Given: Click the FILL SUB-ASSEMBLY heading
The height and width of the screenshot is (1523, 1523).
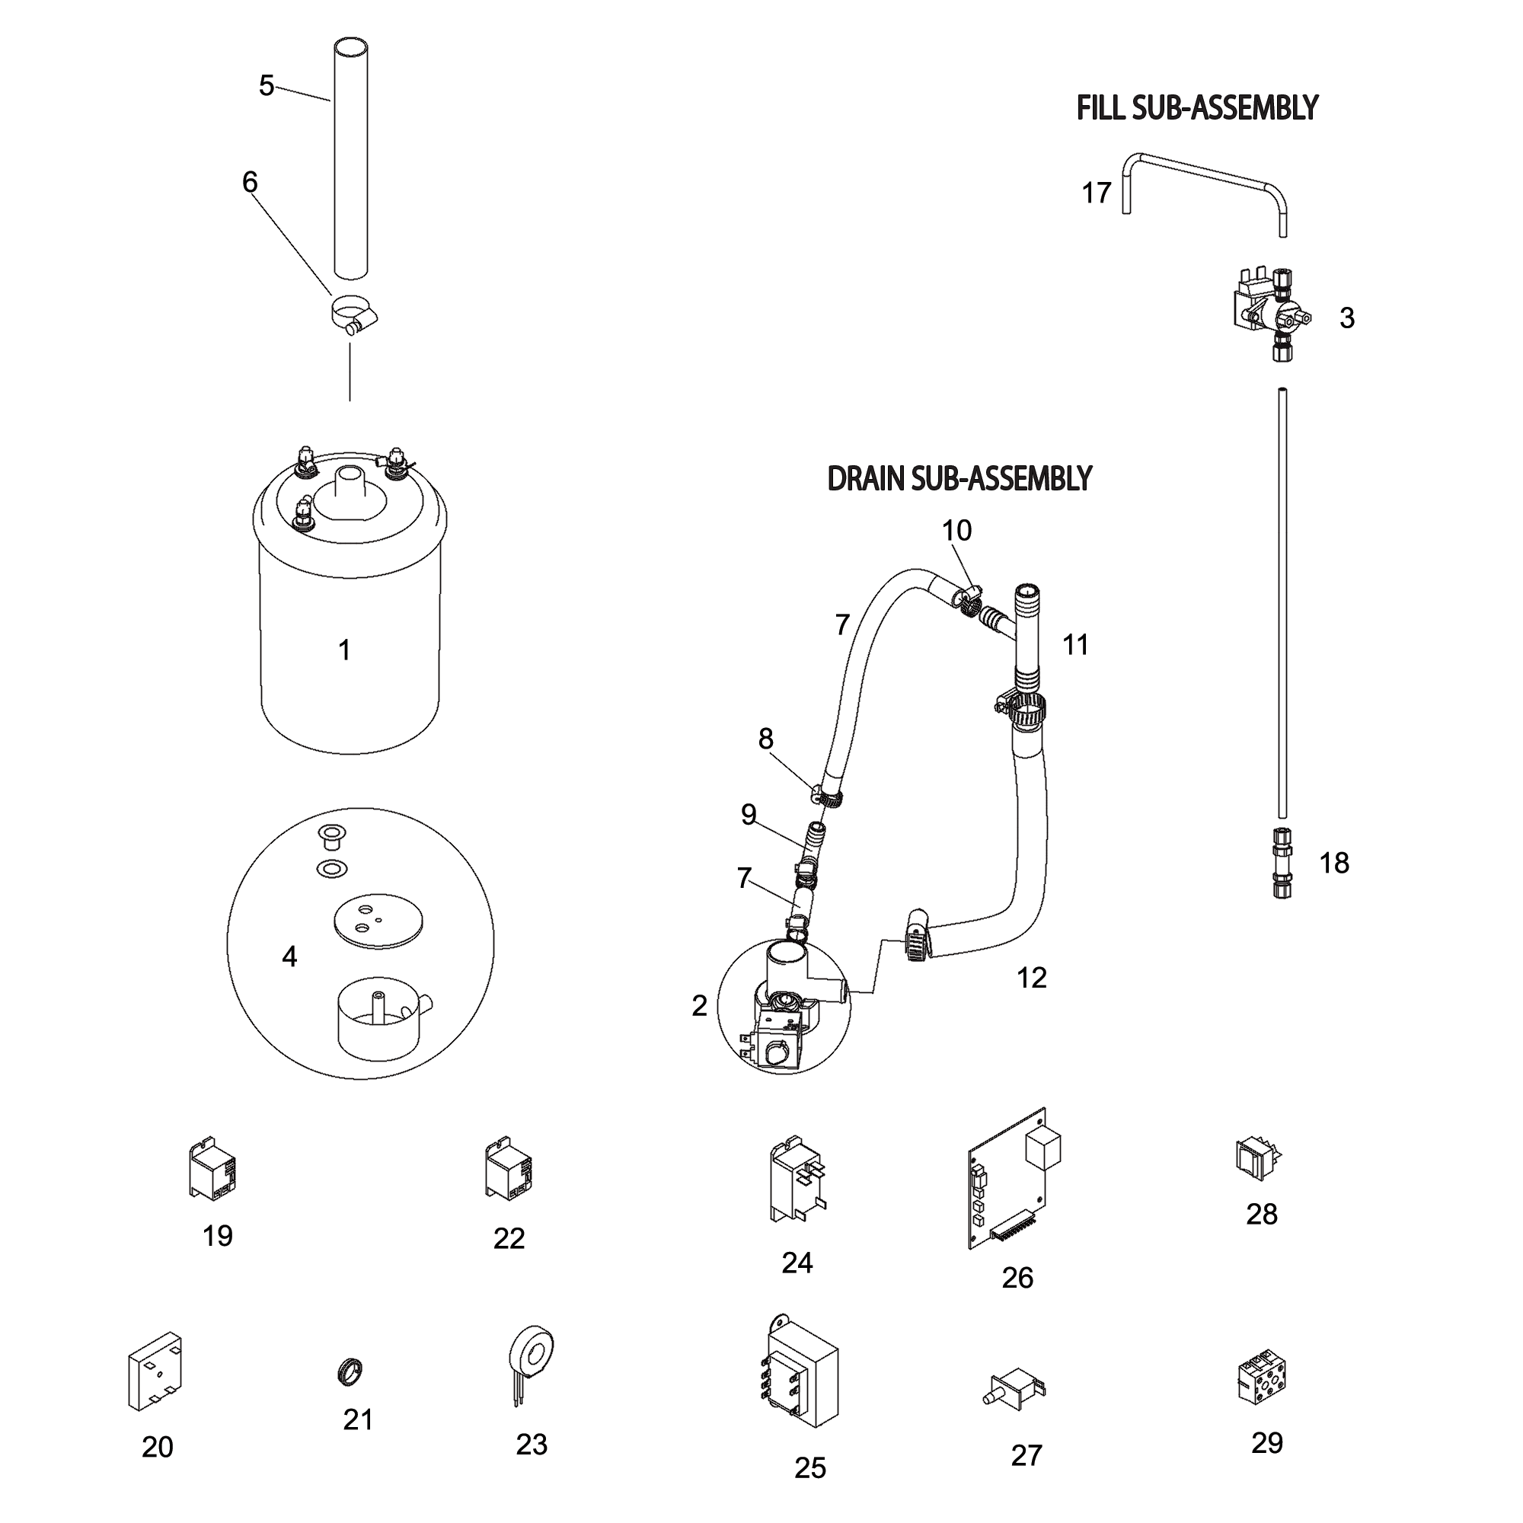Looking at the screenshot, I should click(1196, 108).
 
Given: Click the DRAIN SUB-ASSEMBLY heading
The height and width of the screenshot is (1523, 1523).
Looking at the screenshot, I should click(959, 478).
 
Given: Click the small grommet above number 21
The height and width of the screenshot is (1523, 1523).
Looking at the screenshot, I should click(350, 1372).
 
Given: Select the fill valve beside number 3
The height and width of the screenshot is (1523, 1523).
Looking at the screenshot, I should click(1271, 313).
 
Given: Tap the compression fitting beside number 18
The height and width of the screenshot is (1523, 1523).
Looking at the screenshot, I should click(1282, 863).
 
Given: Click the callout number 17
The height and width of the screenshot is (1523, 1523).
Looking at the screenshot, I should click(1096, 193).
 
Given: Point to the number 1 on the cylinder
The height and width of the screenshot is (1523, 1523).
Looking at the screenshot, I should click(344, 650).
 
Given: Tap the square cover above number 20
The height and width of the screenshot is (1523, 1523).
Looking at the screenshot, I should click(155, 1371).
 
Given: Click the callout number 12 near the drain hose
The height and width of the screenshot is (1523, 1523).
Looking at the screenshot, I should click(1031, 978).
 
